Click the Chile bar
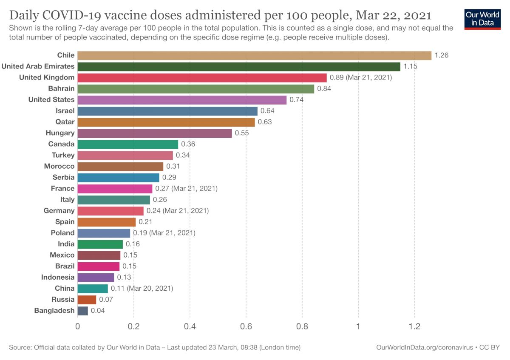254,56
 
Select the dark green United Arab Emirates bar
239,67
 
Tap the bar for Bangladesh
83,311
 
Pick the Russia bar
87,300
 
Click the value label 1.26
442,55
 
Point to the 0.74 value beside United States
297,100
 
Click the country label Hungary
60,133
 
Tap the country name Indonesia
58,277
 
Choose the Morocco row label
59,166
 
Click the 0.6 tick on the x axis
246,326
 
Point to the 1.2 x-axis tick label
414,326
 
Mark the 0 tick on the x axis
78,326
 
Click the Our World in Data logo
482,18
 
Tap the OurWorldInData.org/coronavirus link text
425,347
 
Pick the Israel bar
167,111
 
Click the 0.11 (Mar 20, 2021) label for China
142,288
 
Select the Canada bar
128,144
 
